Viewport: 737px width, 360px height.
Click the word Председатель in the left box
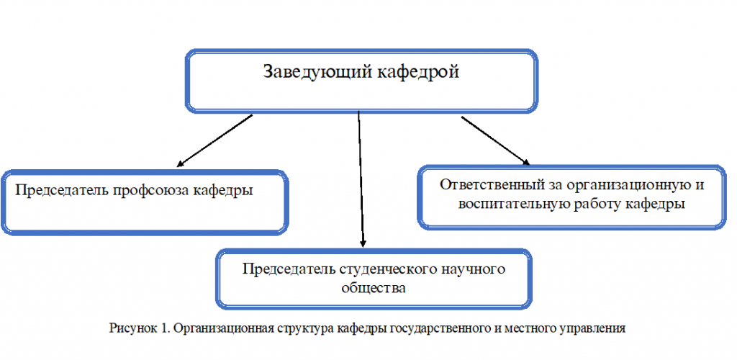point(63,191)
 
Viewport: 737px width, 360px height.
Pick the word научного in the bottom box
point(474,269)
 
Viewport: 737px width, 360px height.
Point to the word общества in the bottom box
point(374,288)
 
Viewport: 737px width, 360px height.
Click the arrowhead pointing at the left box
point(179,164)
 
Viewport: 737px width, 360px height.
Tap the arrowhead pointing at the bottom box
point(363,244)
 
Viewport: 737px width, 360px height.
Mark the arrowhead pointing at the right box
point(526,162)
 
